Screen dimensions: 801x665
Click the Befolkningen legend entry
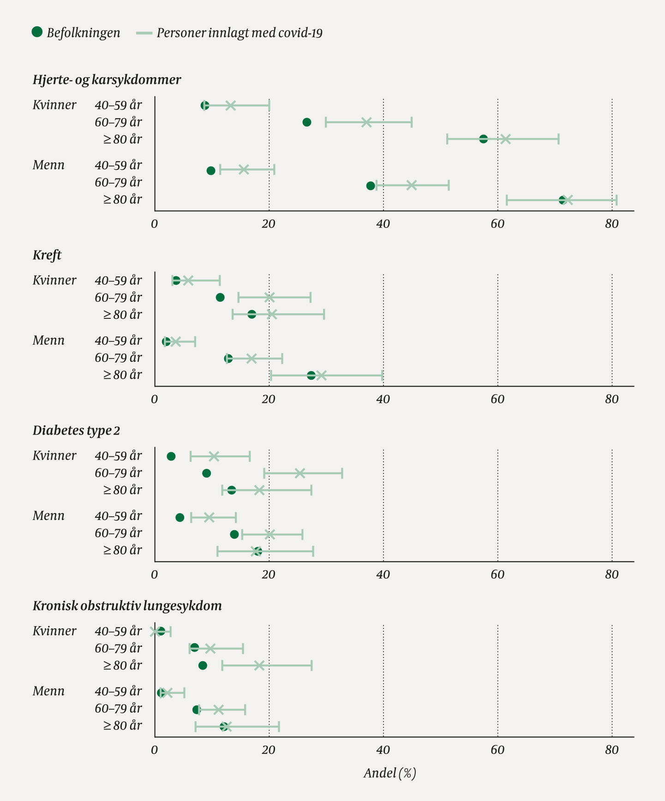tap(76, 33)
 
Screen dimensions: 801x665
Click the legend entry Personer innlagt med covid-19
tap(230, 33)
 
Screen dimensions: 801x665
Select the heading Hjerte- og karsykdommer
tap(107, 80)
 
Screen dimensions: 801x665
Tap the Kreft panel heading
tap(47, 255)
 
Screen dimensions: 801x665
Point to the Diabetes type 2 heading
tap(76, 430)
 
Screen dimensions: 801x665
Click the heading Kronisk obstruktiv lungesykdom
tap(127, 606)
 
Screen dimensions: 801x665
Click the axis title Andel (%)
tap(389, 773)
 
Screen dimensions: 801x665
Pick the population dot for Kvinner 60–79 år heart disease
tap(306, 122)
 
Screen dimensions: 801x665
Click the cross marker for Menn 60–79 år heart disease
tap(412, 185)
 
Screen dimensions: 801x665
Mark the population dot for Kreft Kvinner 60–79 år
tap(220, 298)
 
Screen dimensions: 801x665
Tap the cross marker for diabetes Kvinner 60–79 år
tap(300, 473)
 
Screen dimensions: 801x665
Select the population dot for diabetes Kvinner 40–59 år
tap(171, 456)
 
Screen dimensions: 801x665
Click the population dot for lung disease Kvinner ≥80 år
tap(203, 665)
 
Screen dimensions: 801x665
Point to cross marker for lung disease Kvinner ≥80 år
tap(259, 665)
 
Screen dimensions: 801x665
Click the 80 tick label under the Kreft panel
tap(611, 400)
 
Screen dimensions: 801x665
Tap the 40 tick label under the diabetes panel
tap(383, 575)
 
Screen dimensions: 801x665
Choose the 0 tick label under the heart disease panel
tap(155, 224)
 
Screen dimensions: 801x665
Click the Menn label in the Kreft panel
tap(48, 341)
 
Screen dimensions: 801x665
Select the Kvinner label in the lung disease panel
tap(54, 631)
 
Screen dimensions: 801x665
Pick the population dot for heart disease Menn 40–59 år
tap(211, 171)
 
